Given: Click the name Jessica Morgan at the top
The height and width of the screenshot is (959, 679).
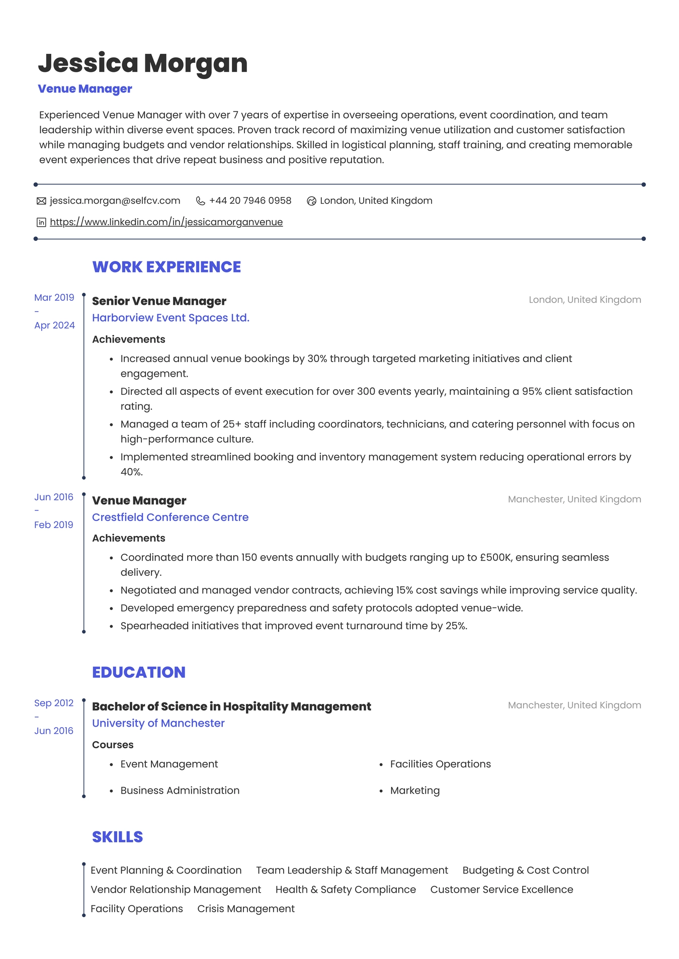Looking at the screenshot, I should click(x=143, y=63).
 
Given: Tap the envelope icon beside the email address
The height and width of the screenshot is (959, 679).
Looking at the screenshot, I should click(x=41, y=201).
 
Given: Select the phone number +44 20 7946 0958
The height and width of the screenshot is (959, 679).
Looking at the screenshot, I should click(x=250, y=201).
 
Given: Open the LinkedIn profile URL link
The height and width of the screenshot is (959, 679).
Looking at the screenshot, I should click(x=166, y=222).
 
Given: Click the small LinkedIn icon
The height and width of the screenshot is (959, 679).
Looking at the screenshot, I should click(x=41, y=222).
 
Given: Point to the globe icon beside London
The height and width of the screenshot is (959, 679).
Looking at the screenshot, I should click(x=311, y=201).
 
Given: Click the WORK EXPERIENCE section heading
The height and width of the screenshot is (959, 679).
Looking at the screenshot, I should click(x=166, y=267).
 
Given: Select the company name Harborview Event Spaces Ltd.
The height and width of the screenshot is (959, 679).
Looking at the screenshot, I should click(x=171, y=318).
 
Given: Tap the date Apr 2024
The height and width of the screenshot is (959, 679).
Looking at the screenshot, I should click(x=54, y=325).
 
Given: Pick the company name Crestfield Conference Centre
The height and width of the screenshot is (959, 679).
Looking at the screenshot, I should click(x=170, y=517).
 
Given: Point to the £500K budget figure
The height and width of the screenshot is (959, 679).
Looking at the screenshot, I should click(x=495, y=557).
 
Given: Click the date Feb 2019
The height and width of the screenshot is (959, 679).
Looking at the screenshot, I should click(x=54, y=525).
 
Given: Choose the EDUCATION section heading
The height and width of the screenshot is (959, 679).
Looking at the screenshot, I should click(x=139, y=672).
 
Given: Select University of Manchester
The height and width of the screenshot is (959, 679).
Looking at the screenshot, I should click(x=158, y=723).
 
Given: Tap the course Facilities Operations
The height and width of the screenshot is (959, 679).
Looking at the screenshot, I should click(x=440, y=764).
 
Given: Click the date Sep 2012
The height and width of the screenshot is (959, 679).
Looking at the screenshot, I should click(x=54, y=703).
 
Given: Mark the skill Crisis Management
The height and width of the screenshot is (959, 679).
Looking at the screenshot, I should click(x=246, y=909).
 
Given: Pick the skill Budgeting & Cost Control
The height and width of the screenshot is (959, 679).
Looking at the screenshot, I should click(x=526, y=870).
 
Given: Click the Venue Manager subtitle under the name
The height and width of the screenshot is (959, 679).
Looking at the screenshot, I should click(x=85, y=89).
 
